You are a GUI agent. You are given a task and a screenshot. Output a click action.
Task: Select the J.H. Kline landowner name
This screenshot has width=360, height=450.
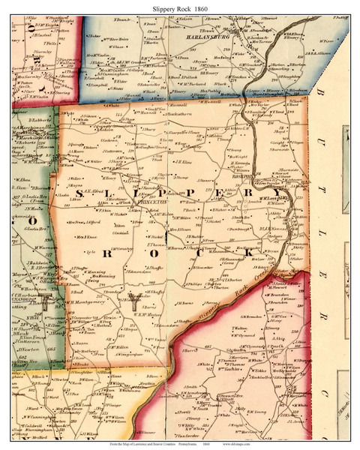click(x=184, y=160)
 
